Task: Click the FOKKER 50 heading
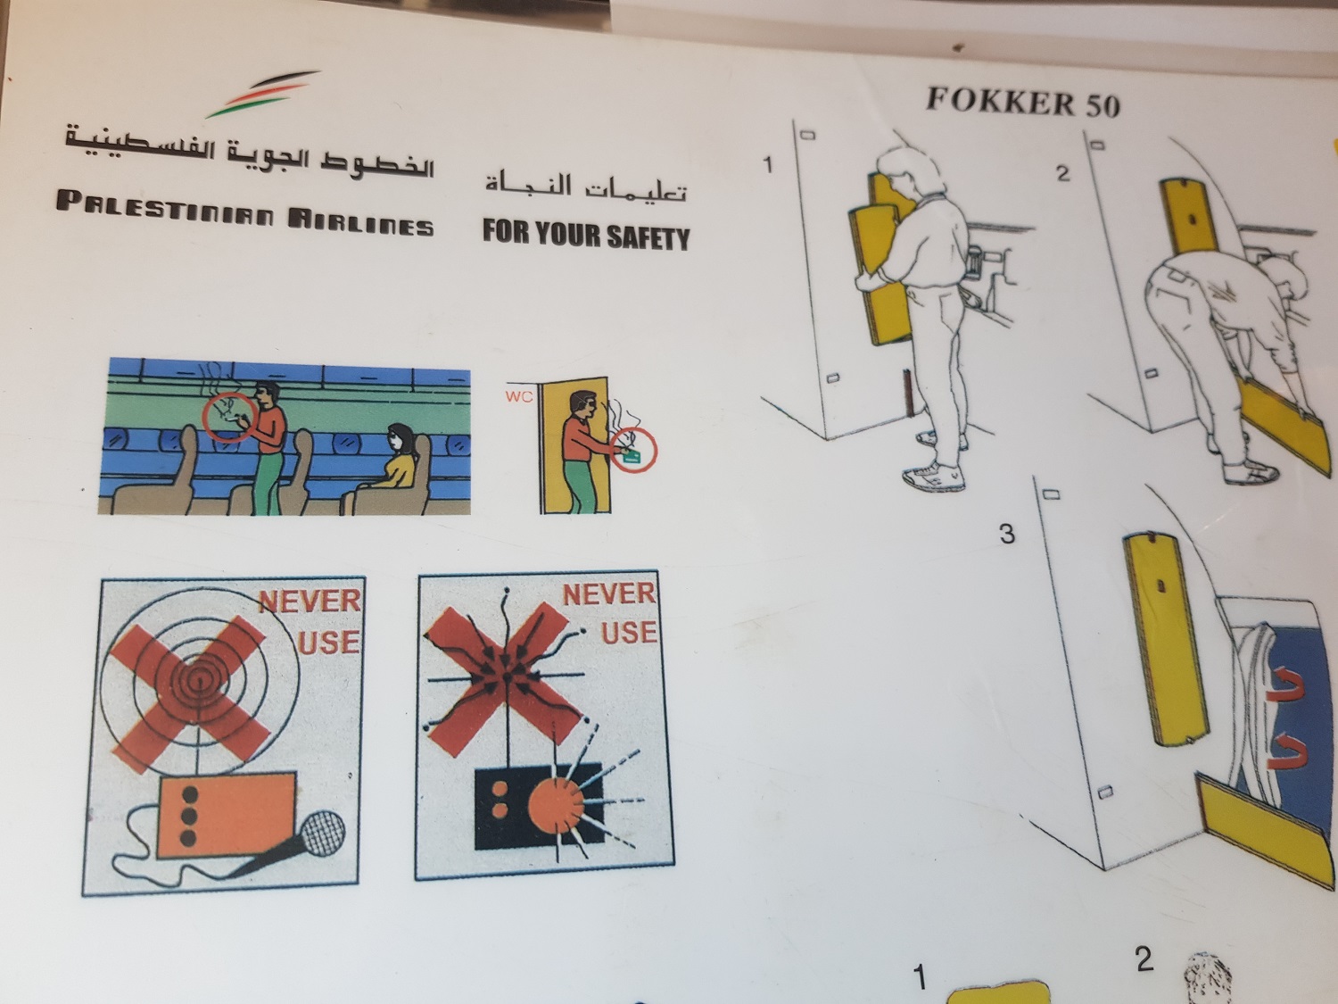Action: [x=1022, y=102]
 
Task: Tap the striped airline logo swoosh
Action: [x=263, y=94]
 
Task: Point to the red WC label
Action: [x=519, y=397]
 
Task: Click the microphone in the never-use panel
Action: [x=293, y=842]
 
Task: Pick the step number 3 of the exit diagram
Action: [x=1007, y=534]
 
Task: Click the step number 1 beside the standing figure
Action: [x=768, y=164]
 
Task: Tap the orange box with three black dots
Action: [x=227, y=815]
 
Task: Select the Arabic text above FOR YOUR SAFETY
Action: [x=586, y=186]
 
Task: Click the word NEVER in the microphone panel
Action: [x=310, y=602]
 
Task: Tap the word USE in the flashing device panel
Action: [x=629, y=632]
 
